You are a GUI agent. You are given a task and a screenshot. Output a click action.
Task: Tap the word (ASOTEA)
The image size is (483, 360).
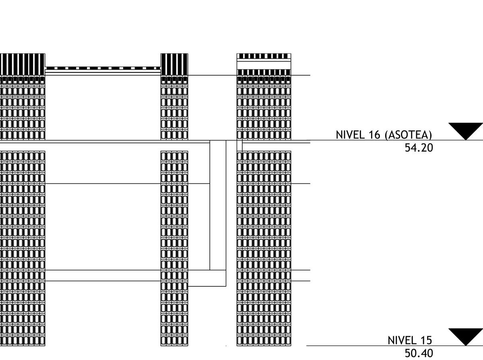[x=408, y=135]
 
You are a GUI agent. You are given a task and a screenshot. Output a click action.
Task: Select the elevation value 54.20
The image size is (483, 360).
[x=419, y=148]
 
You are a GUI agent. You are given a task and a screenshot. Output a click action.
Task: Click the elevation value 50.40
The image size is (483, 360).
[x=419, y=354]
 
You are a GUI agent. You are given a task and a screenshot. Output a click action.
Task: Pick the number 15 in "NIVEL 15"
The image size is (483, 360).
[x=425, y=340]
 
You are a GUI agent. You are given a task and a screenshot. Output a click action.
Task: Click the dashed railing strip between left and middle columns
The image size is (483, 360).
[x=103, y=68]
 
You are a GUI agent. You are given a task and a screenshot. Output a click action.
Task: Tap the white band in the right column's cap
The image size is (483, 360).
[x=264, y=64]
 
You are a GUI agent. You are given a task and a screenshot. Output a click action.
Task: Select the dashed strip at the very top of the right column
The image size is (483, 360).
[x=264, y=56]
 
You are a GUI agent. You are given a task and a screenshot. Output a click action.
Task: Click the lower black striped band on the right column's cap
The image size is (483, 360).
[x=264, y=72]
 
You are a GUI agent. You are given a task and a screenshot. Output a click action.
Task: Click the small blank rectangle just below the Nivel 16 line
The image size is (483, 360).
[x=239, y=146]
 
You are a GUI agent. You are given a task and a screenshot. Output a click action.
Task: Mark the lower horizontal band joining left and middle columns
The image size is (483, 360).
[x=103, y=276]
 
